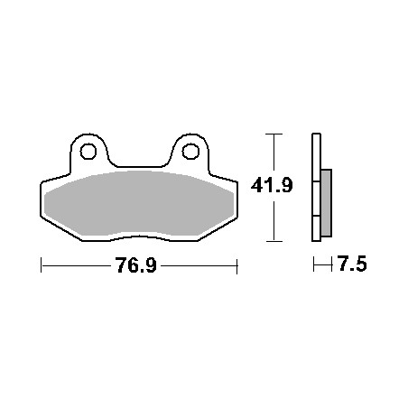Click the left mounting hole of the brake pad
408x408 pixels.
tap(88, 152)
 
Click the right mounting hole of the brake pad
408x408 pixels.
tap(190, 152)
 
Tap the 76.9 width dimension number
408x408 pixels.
tap(136, 265)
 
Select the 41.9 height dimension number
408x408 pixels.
tap(272, 185)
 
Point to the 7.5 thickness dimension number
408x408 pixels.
tap(352, 264)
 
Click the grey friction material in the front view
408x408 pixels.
tap(139, 203)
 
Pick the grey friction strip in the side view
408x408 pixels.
tap(327, 203)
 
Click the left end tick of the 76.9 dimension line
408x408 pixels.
tap(41, 265)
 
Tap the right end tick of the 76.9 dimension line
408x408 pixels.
tap(237, 266)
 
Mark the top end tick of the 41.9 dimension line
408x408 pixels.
tap(274, 134)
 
